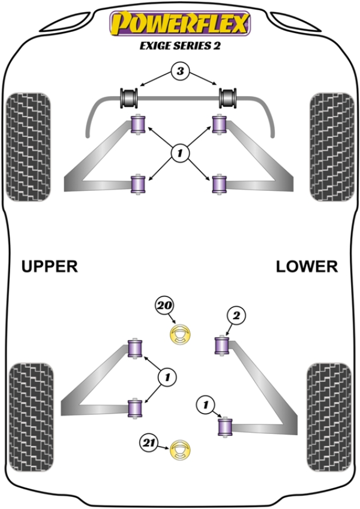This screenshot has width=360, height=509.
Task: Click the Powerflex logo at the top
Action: pyautogui.click(x=179, y=24)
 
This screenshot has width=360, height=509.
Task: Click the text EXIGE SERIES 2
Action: pyautogui.click(x=179, y=46)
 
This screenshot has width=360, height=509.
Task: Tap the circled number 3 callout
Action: pyautogui.click(x=179, y=72)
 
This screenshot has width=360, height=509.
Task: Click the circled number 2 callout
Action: pyautogui.click(x=236, y=315)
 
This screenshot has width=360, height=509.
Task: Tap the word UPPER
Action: pyautogui.click(x=50, y=266)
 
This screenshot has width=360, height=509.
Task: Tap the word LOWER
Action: pyautogui.click(x=307, y=266)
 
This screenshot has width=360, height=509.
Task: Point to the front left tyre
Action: pyautogui.click(x=28, y=146)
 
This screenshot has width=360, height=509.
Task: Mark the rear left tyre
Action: pyautogui.click(x=32, y=415)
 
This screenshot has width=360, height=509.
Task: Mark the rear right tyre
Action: pyautogui.click(x=328, y=415)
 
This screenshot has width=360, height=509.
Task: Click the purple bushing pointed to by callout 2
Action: pyautogui.click(x=223, y=346)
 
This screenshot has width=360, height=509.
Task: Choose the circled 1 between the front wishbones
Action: pyautogui.click(x=179, y=154)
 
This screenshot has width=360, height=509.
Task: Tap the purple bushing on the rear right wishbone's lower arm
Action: pyautogui.click(x=225, y=427)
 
